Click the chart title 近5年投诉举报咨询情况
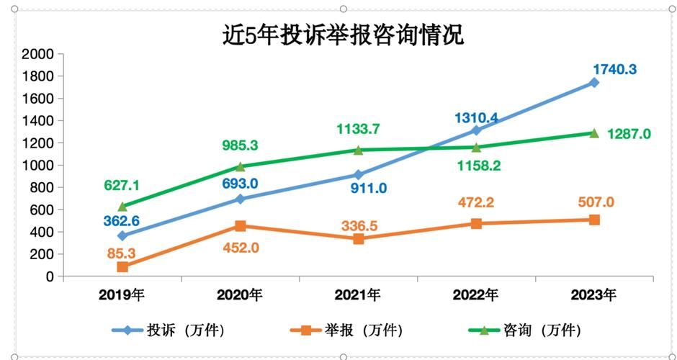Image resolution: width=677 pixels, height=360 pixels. coord(343,35)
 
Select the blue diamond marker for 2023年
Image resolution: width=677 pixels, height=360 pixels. coord(594,83)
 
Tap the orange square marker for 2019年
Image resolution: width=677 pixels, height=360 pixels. coord(122,267)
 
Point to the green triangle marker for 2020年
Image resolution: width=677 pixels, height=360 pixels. coord(241,166)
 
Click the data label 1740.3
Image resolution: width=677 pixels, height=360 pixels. coord(614,69)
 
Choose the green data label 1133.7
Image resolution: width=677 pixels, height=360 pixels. coord(358,130)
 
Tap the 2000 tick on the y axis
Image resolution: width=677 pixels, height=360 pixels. coord(39,54)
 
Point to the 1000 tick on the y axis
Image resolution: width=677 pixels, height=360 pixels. coord(39,166)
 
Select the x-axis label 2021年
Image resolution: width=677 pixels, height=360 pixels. coord(358,294)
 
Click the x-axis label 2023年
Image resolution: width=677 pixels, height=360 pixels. coord(593,294)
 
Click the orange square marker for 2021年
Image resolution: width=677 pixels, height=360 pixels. coord(358,239)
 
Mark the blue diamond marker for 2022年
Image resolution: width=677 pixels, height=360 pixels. coord(476,130)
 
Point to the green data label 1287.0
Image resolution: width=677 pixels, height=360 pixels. coord(629,134)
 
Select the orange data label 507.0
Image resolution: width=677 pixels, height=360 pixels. coord(594,202)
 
